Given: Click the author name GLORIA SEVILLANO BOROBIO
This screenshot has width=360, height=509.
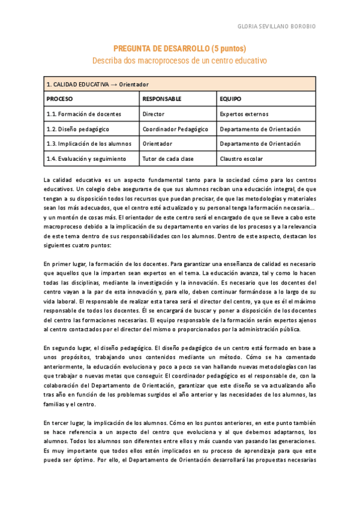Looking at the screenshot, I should click(277, 27).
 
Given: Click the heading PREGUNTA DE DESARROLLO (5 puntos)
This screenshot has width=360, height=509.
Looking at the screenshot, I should click(179, 49).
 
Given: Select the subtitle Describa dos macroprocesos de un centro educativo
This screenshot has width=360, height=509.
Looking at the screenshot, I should click(179, 61).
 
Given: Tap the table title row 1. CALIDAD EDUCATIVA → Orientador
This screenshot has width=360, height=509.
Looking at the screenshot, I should click(98, 84).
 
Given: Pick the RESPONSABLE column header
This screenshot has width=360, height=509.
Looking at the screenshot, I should click(162, 98).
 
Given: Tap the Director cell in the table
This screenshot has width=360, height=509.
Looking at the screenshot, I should click(154, 113).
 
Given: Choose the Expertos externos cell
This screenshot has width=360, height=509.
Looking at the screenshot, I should click(245, 113).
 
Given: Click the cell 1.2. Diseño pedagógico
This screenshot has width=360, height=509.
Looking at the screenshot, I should click(78, 129).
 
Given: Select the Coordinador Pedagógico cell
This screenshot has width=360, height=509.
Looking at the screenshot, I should click(175, 129).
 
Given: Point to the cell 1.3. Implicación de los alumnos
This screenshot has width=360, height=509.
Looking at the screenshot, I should click(89, 144).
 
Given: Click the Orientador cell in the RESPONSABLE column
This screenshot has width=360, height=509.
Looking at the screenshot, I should click(157, 144).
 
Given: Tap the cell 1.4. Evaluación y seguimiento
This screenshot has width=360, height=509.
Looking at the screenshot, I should click(86, 159).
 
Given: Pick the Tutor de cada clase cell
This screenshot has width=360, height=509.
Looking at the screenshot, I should click(168, 159).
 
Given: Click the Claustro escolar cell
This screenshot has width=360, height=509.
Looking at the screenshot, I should click(241, 159).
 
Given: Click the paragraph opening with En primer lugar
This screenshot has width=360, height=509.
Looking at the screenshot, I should click(179, 297).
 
